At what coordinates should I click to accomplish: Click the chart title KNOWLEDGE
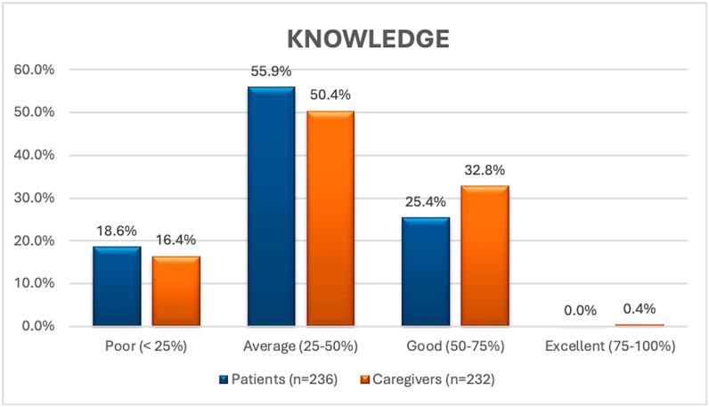[x=367, y=40]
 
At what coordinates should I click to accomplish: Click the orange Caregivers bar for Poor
[x=175, y=290]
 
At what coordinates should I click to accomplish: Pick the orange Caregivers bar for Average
[x=330, y=218]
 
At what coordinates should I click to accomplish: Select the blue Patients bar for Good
[x=426, y=272]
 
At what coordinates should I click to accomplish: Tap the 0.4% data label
[x=640, y=309]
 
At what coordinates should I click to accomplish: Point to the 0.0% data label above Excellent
[x=580, y=311]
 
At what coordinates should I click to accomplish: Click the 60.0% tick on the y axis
[x=32, y=69]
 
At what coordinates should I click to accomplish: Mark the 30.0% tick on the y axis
[x=32, y=198]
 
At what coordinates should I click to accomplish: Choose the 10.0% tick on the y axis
[x=32, y=283]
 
